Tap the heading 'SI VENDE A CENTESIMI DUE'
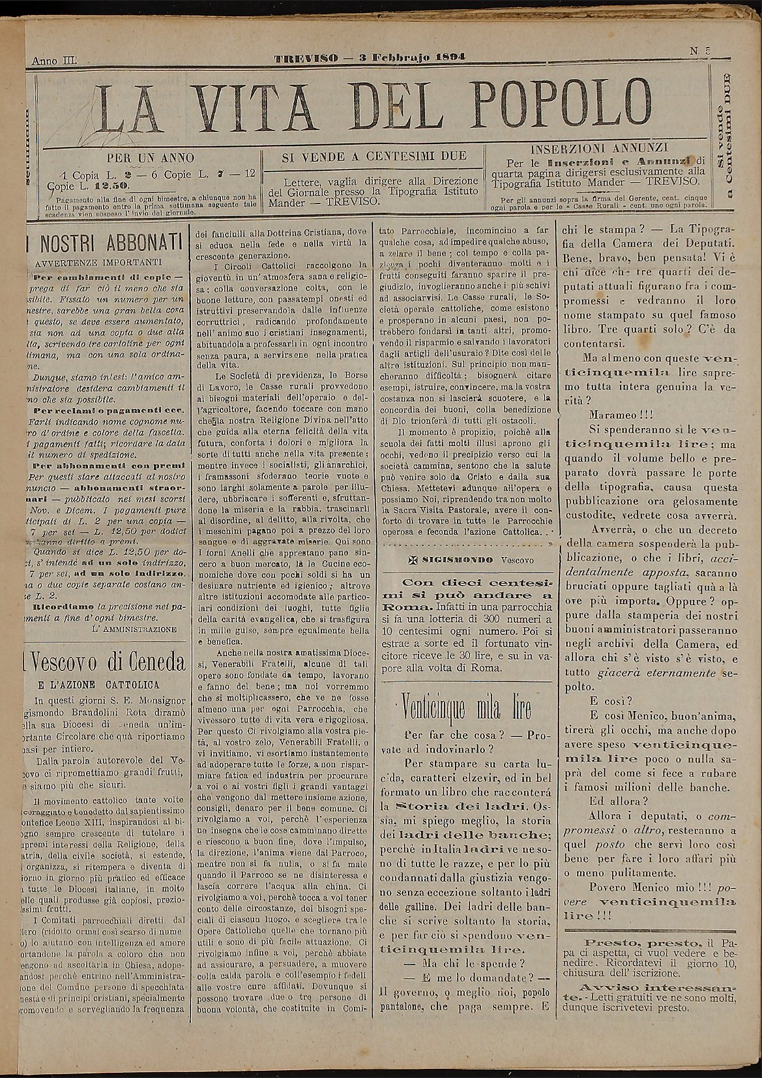click(x=374, y=157)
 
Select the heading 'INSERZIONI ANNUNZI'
click(x=600, y=148)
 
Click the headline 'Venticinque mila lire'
click(x=467, y=708)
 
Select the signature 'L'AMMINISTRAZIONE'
click(x=135, y=629)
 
